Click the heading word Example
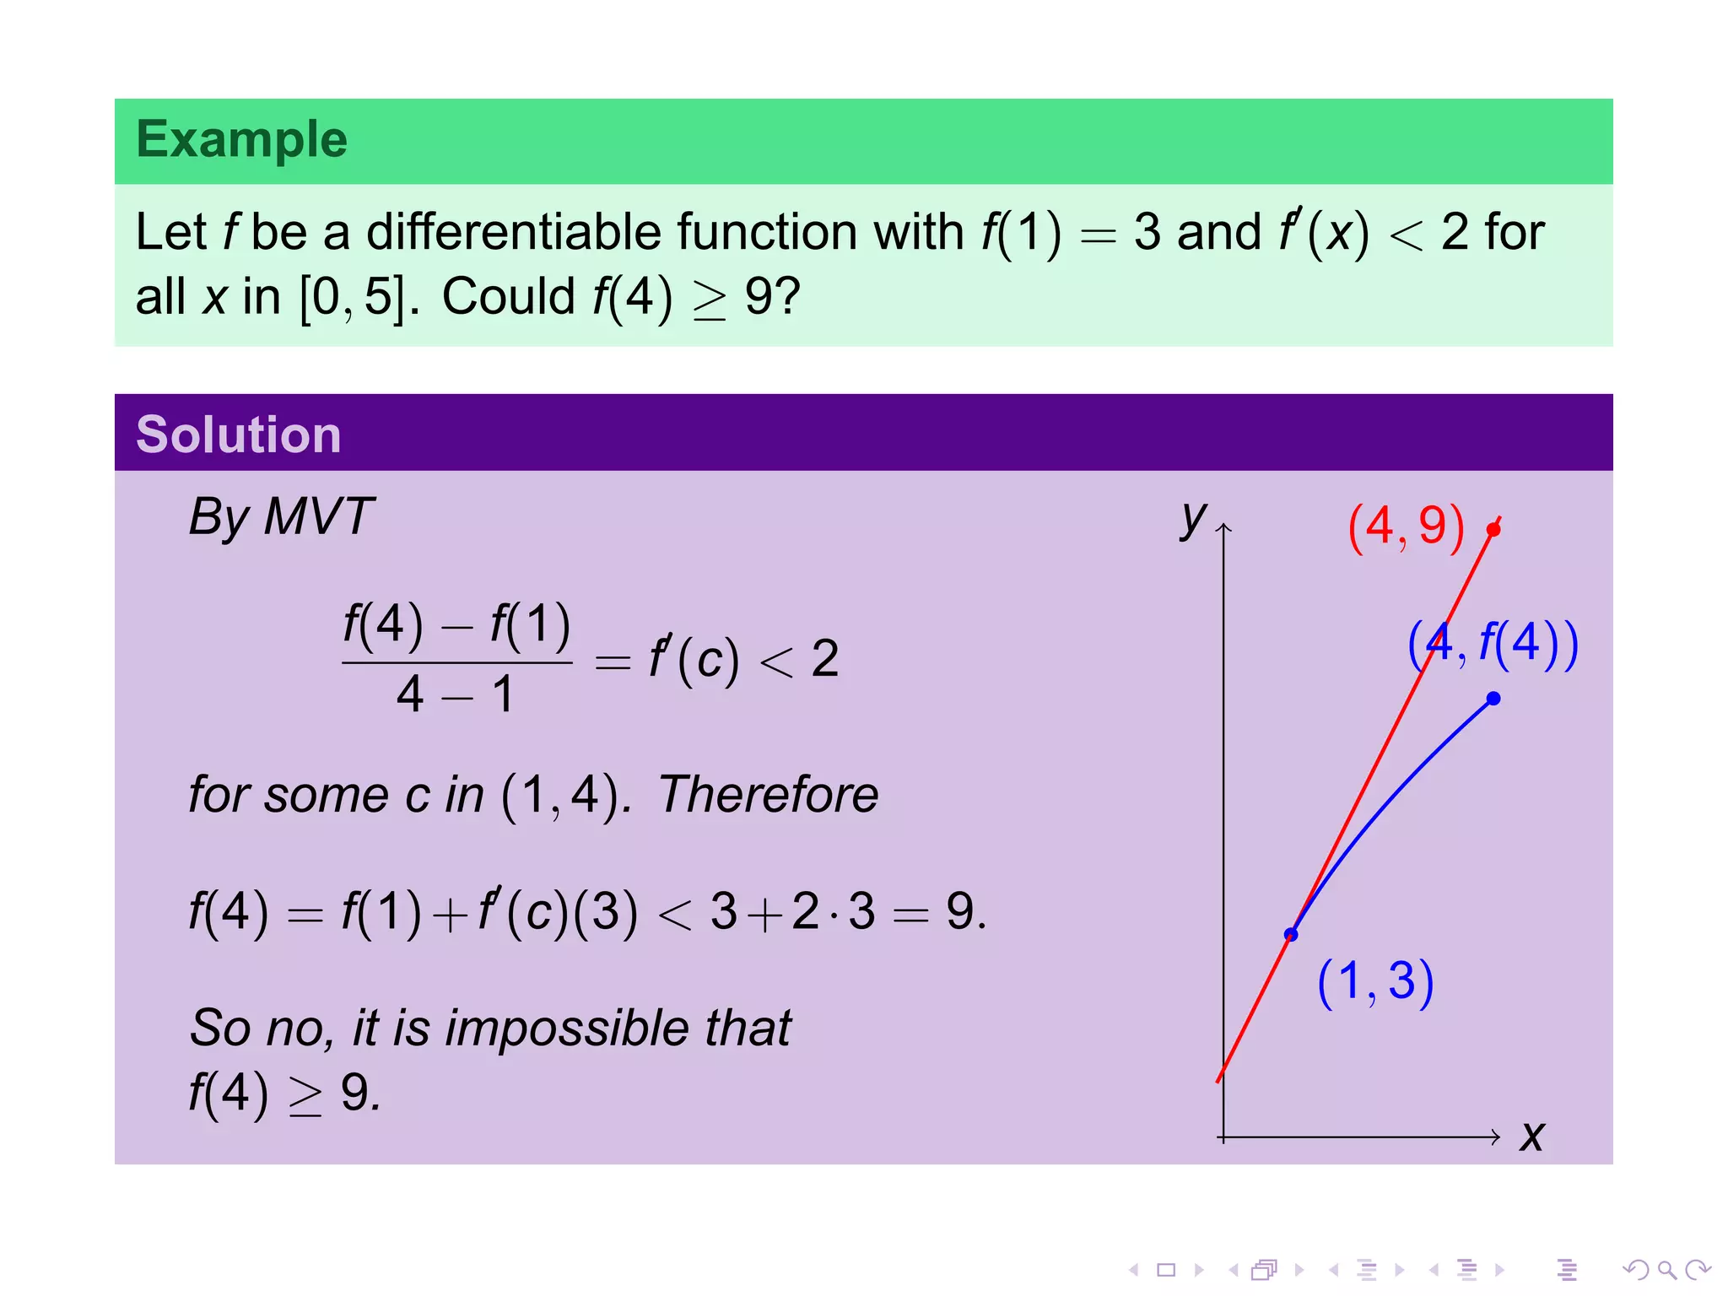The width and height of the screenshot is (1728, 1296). coord(241,139)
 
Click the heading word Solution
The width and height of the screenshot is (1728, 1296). coord(238,435)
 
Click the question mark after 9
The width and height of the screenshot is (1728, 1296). coord(788,297)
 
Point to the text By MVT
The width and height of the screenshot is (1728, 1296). coord(280,516)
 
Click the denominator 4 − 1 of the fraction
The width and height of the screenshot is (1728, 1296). coord(456,695)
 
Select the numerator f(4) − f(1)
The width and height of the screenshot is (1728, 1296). coord(456,626)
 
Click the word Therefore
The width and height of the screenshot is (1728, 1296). coord(768,795)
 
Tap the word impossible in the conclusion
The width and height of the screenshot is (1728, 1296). coord(566,1029)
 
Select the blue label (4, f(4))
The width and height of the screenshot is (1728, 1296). coord(1493,645)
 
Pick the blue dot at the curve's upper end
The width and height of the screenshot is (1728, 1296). coord(1493,699)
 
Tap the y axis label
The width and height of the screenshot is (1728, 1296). coord(1193,517)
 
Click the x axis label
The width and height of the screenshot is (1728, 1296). coord(1531,1137)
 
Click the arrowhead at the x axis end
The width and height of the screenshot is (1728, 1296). coord(1496,1137)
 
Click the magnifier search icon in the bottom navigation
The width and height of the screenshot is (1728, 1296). coord(1666,1270)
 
